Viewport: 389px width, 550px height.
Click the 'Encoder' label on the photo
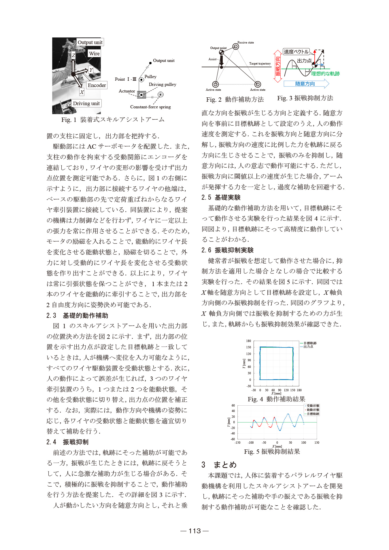tap(97, 85)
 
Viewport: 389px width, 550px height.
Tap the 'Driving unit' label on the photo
tap(86, 103)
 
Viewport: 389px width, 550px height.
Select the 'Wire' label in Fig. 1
tap(94, 54)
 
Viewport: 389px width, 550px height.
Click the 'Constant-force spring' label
tap(150, 107)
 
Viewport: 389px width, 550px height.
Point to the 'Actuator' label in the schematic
tap(127, 91)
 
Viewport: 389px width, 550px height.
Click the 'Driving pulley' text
tap(162, 84)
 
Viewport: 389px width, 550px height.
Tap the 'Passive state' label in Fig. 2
tap(246, 43)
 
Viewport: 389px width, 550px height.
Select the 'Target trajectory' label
tap(260, 64)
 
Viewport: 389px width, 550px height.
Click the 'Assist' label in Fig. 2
tap(212, 59)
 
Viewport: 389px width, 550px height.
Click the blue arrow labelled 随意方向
tap(305, 84)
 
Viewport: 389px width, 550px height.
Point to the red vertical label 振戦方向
tap(278, 66)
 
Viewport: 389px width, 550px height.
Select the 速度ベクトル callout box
tap(296, 52)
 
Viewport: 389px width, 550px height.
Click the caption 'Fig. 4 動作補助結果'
tap(276, 399)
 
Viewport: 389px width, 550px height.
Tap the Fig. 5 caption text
tap(272, 451)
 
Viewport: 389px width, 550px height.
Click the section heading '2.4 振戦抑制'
tap(67, 442)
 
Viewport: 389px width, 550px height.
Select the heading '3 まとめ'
tap(219, 465)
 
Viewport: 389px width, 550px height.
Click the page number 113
tap(194, 531)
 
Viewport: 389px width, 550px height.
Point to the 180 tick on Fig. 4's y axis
tap(248, 341)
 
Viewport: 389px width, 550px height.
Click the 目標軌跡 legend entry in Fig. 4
tap(310, 343)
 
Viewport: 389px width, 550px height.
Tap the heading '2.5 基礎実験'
tap(221, 197)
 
